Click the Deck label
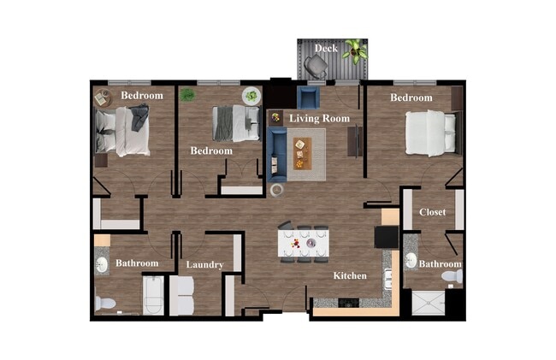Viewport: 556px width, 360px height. tap(326, 49)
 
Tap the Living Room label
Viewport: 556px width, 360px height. tap(320, 118)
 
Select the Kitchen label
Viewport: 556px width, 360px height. tap(350, 275)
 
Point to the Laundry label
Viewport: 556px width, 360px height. tap(204, 265)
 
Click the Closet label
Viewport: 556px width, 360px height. tap(432, 212)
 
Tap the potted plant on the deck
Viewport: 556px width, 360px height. tap(356, 53)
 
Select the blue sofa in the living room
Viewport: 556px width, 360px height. tap(277, 149)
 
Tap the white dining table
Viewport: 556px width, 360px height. tap(303, 244)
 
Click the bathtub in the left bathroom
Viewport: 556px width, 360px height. tap(153, 296)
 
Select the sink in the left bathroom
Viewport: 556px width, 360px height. tap(102, 263)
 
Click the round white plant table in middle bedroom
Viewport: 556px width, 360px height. tap(251, 96)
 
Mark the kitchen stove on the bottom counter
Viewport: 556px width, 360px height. tap(350, 302)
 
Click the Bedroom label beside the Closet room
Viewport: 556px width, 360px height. tap(411, 98)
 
